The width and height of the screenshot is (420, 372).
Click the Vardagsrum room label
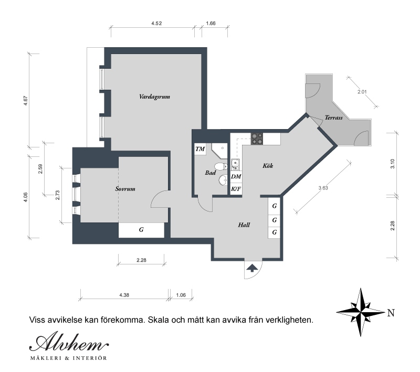pyautogui.click(x=154, y=97)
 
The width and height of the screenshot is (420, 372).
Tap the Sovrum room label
pyautogui.click(x=125, y=189)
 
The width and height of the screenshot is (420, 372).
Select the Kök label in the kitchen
pyautogui.click(x=268, y=166)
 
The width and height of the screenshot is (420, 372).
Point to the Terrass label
pyautogui.click(x=333, y=117)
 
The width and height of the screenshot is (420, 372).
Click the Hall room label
pyautogui.click(x=244, y=225)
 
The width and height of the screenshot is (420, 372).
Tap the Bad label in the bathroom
pyautogui.click(x=211, y=173)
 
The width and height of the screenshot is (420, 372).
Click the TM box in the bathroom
pyautogui.click(x=200, y=149)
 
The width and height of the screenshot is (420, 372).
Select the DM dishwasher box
pyautogui.click(x=236, y=176)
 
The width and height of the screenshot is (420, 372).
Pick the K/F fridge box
pyautogui.click(x=236, y=189)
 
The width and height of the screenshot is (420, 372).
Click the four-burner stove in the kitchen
pyautogui.click(x=257, y=139)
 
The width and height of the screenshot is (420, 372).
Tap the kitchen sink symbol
pyautogui.click(x=235, y=164)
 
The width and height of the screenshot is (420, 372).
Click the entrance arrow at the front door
pyautogui.click(x=252, y=268)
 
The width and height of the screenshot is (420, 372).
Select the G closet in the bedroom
pyautogui.click(x=141, y=230)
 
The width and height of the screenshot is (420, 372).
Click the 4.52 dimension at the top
pyautogui.click(x=156, y=23)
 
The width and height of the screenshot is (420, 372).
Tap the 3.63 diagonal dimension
pyautogui.click(x=323, y=188)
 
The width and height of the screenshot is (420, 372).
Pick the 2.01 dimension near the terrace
pyautogui.click(x=362, y=92)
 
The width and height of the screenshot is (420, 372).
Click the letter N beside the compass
pyautogui.click(x=391, y=313)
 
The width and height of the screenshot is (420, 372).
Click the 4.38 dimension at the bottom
pyautogui.click(x=124, y=295)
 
